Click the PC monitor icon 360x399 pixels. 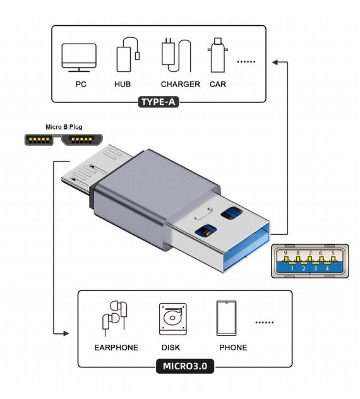(78, 58)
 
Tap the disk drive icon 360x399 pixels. (171, 319)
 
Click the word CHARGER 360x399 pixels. (180, 84)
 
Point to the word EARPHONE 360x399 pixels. (116, 348)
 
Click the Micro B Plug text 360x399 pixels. (64, 127)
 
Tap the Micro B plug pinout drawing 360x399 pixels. (64, 140)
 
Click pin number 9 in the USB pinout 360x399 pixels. (285, 253)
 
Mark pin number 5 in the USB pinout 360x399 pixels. (333, 253)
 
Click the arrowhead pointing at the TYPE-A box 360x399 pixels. (275, 61)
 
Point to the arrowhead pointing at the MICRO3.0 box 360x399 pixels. (65, 333)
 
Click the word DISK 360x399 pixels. (171, 348)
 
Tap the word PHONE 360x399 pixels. (233, 348)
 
